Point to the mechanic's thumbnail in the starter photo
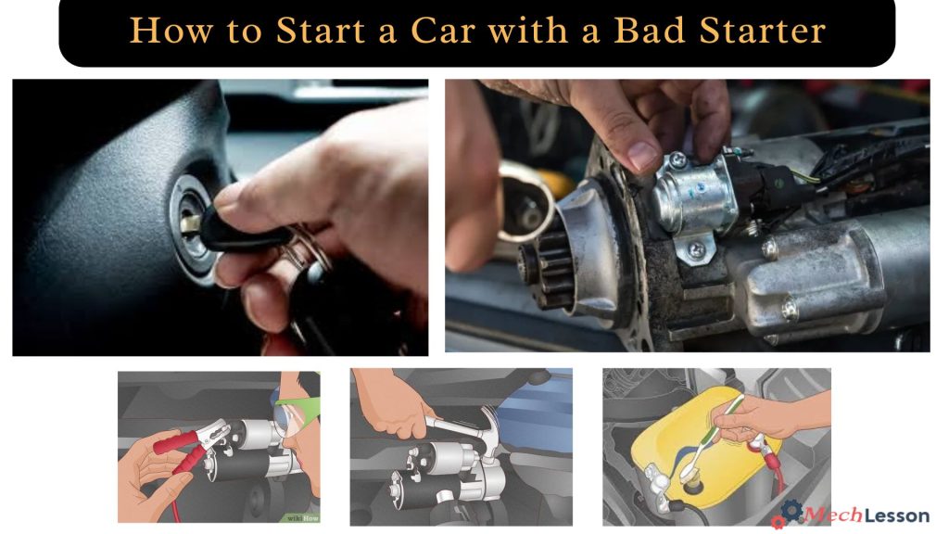click(x=643, y=155)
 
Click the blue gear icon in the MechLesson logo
click(x=790, y=511)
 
